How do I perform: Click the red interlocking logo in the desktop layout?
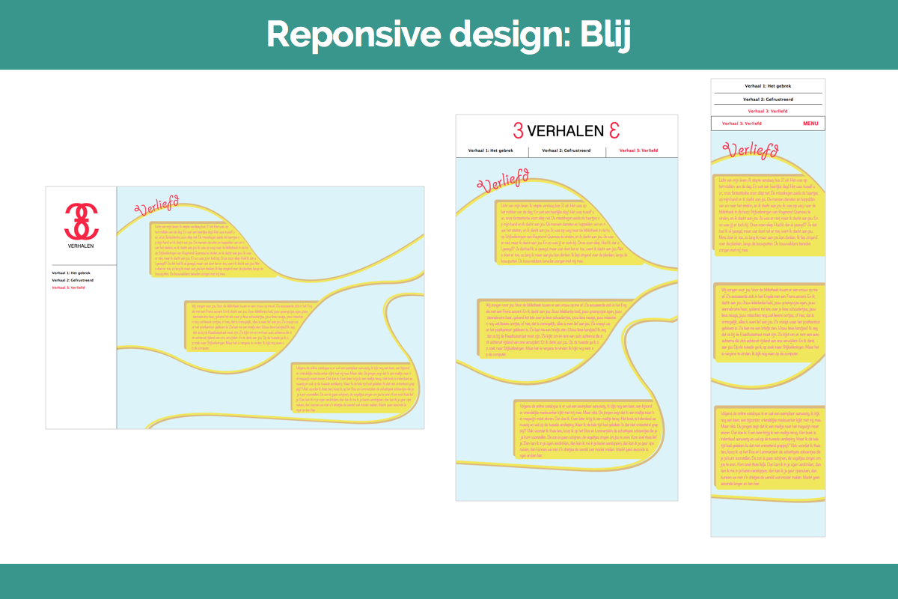pos(81,220)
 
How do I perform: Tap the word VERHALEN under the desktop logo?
pos(81,246)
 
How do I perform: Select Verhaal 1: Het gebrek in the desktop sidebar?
pos(70,273)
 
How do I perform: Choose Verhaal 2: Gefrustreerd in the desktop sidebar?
pos(73,280)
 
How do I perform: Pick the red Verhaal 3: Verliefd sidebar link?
pos(69,288)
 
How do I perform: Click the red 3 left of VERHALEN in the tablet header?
pos(518,130)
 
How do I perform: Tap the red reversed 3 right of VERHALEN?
pos(614,130)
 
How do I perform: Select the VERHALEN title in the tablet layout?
pos(566,131)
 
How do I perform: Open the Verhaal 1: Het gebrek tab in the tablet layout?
pos(492,150)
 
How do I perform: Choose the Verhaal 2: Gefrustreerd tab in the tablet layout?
pos(566,150)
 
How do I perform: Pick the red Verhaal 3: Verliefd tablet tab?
pos(639,150)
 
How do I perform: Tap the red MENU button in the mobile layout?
pos(810,124)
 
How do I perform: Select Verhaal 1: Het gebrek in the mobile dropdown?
pos(768,86)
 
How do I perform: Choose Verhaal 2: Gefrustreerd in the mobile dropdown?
pos(768,99)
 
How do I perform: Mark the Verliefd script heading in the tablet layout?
pos(502,180)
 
